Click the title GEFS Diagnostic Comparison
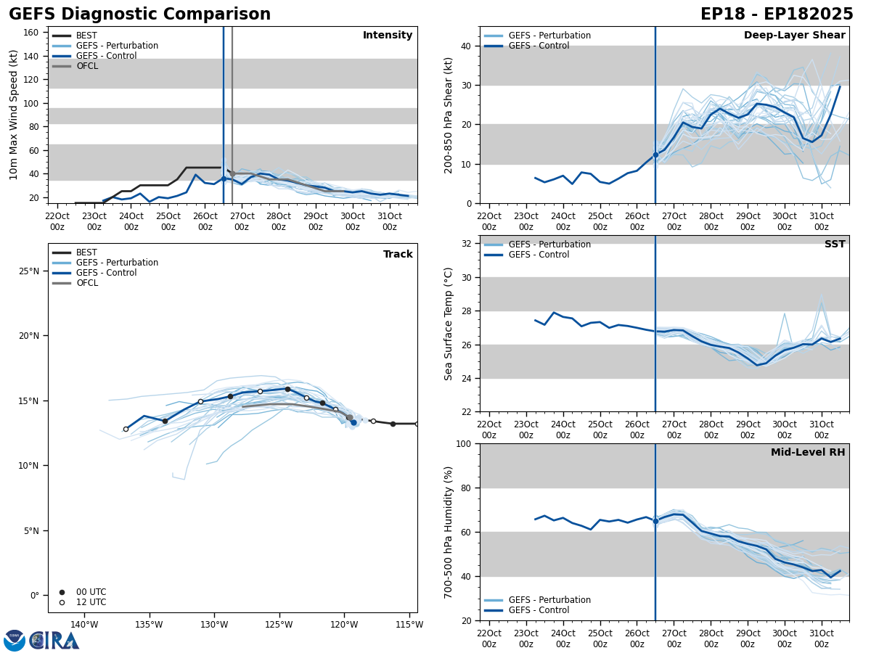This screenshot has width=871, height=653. pos(139,15)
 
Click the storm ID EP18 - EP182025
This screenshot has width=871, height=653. pos(777,15)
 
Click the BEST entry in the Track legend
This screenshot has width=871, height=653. pos(86,252)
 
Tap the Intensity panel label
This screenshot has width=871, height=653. pos(388,36)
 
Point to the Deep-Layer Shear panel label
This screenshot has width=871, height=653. pos(794,36)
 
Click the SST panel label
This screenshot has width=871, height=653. pos(835,245)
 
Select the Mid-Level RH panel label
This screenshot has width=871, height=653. pos(808,453)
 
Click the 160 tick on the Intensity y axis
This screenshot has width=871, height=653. pos(31,33)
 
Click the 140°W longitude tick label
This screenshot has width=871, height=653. pos(84,625)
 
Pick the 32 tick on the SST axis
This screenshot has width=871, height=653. pos(467,244)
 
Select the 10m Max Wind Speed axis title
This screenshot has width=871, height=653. pos(14,115)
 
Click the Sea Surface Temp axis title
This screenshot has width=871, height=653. pos(449,324)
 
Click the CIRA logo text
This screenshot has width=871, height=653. pos(54,640)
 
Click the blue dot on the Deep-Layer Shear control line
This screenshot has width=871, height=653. pos(655,155)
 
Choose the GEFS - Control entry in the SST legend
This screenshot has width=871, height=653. pos(539,255)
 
